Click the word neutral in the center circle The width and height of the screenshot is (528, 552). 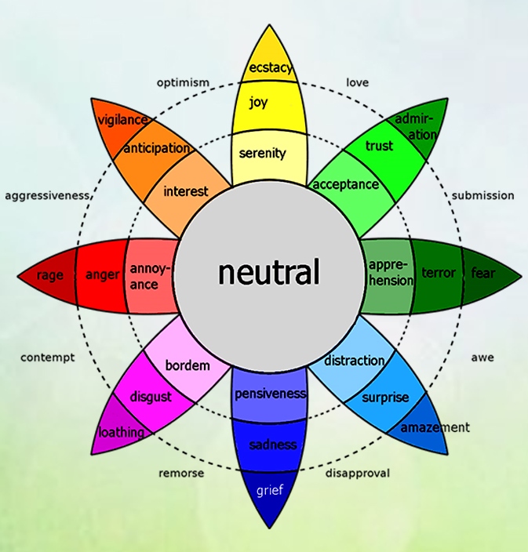coord(268,273)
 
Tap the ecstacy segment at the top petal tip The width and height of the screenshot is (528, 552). coord(270,67)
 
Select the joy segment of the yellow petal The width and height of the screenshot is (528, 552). coord(258,103)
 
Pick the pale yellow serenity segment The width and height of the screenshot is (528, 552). coord(263,153)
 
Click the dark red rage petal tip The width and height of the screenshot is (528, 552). coord(49,275)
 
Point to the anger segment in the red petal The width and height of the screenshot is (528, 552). coord(102,274)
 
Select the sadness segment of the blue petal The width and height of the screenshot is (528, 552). coord(273,445)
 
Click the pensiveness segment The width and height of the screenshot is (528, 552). coord(270,394)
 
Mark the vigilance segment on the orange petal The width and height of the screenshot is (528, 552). coord(121,120)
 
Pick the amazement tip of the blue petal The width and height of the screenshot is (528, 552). coord(434,427)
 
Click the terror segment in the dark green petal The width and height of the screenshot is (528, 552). coord(438,274)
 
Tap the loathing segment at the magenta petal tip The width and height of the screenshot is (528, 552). coord(120,432)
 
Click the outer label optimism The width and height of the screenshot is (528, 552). coord(183,82)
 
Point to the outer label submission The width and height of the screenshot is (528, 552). coord(482,195)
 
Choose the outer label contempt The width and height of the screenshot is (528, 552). coord(47,358)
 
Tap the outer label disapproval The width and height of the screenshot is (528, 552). coord(357,473)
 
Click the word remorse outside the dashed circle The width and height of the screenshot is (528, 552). coord(181,473)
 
